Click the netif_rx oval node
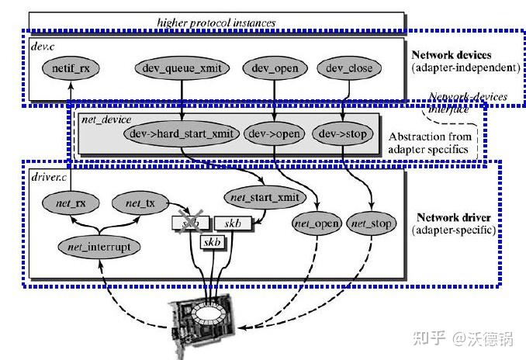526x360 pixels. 71,68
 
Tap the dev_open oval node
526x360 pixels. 275,68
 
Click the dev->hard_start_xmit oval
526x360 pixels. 179,133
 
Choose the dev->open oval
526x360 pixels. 274,133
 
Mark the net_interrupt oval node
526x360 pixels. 98,247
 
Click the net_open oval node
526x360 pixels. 317,223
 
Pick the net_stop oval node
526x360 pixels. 371,223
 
